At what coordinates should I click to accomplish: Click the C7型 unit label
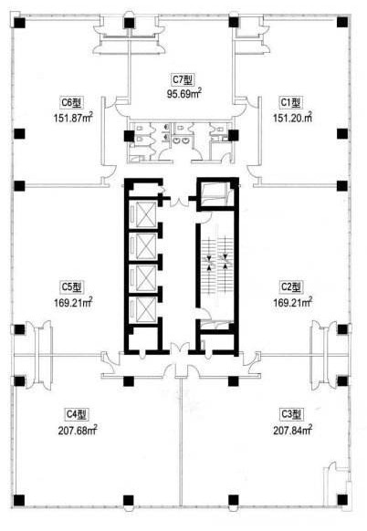click(x=183, y=80)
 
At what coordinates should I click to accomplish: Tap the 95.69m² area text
click(x=184, y=93)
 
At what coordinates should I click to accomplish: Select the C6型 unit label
click(x=71, y=102)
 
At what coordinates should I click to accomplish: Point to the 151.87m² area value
click(x=73, y=118)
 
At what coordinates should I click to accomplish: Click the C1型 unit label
click(x=290, y=102)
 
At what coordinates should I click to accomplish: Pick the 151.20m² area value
click(x=292, y=118)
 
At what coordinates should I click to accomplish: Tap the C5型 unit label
click(x=71, y=286)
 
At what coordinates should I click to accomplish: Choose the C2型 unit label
click(x=291, y=286)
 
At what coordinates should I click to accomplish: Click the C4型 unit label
click(x=77, y=414)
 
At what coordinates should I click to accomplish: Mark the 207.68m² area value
click(x=78, y=430)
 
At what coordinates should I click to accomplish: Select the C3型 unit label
click(x=291, y=414)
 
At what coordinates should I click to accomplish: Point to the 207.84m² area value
click(x=292, y=430)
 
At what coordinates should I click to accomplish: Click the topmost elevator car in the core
click(x=146, y=214)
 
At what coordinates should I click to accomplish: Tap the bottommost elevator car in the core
click(x=146, y=309)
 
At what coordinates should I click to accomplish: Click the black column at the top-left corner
click(x=19, y=23)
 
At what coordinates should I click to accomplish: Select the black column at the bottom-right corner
click(x=342, y=499)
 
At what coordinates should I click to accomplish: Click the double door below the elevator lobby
click(x=179, y=349)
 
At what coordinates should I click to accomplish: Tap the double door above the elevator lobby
click(x=179, y=200)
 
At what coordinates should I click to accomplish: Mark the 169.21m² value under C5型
click(x=73, y=302)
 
